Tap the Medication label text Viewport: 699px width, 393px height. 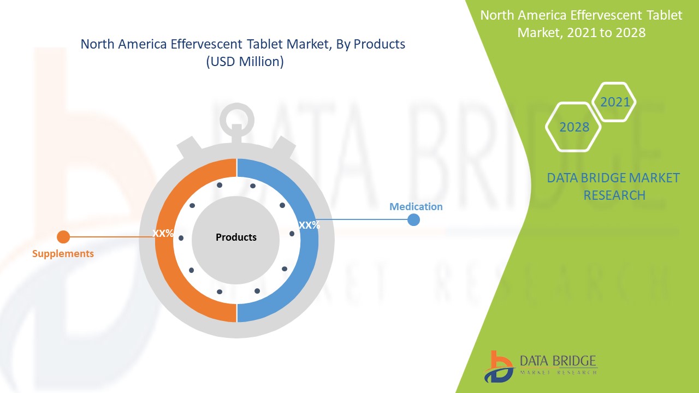tap(416, 207)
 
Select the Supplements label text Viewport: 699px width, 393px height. tap(63, 254)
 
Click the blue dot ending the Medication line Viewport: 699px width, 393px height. tap(414, 219)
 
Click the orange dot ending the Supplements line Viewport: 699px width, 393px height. tap(63, 237)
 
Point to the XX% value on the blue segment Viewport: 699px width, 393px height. tap(309, 225)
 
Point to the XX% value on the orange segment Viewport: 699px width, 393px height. tap(163, 234)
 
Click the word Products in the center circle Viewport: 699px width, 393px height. tap(236, 237)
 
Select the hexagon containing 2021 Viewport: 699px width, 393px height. tap(614, 102)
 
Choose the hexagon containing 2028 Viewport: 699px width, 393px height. tap(574, 127)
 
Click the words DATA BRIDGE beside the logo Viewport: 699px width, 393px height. tap(558, 361)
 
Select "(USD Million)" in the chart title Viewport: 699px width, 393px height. tap(245, 62)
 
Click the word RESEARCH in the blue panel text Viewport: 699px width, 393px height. tap(614, 195)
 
